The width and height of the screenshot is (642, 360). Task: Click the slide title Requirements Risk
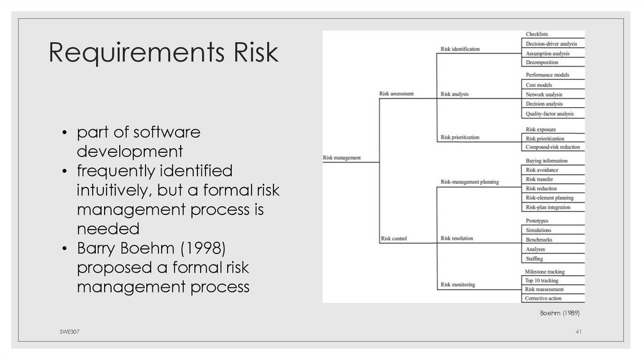[164, 54]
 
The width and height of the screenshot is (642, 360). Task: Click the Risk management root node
[342, 158]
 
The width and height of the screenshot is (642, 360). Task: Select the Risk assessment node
[396, 94]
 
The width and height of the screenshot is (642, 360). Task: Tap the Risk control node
[394, 238]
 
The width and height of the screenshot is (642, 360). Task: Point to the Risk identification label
[460, 49]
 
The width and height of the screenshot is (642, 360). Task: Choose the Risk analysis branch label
[455, 94]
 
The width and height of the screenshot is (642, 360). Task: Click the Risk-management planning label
[470, 182]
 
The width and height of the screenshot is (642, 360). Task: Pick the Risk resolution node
[457, 238]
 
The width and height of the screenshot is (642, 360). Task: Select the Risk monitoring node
[458, 285]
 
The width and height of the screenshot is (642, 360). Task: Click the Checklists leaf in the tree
[537, 34]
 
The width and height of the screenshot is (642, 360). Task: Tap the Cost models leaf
[539, 85]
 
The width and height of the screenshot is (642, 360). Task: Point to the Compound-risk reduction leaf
[553, 147]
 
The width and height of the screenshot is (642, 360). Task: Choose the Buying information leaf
[546, 161]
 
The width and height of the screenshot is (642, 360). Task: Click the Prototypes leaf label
[537, 221]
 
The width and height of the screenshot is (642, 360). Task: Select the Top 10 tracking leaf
[541, 280]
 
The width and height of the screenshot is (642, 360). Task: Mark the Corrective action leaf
[543, 299]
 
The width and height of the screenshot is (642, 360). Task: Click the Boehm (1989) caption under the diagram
[559, 312]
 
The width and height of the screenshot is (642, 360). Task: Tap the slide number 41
[579, 331]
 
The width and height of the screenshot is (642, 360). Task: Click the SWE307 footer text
[61, 331]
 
